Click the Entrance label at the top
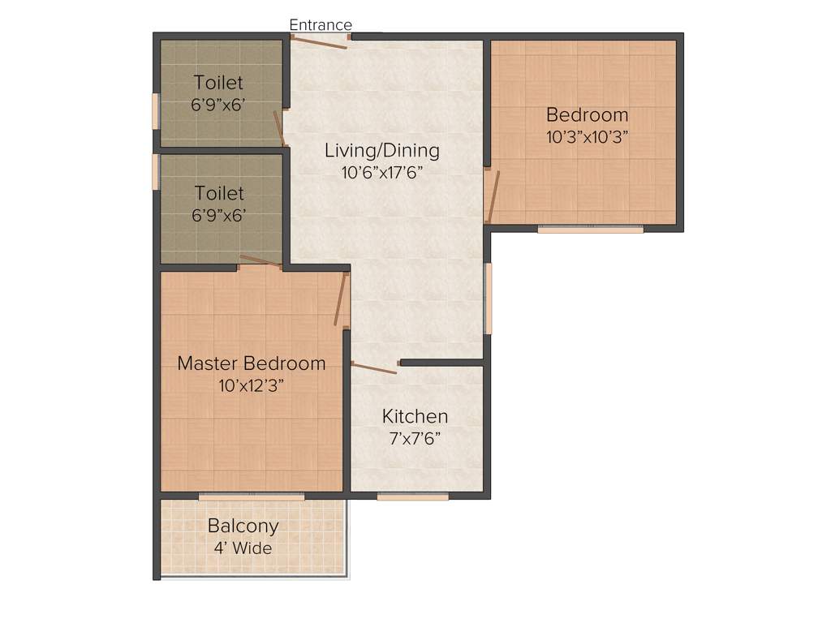tap(321, 25)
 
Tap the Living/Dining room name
tap(381, 150)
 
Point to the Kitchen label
tap(415, 416)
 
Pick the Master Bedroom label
tap(252, 363)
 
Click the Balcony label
tap(243, 526)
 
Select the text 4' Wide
tap(243, 548)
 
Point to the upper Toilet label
tap(218, 83)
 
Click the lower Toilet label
tap(218, 194)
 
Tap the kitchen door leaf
tap(373, 368)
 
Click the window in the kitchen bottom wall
tap(412, 496)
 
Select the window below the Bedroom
tap(590, 229)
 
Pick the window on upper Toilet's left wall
tap(155, 110)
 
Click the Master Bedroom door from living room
tap(341, 299)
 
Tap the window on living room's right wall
tap(489, 298)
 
